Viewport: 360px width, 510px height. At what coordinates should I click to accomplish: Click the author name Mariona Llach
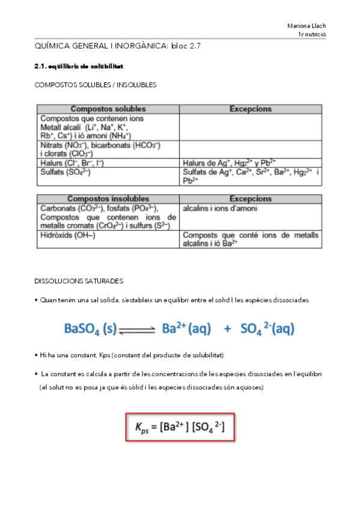pyautogui.click(x=306, y=26)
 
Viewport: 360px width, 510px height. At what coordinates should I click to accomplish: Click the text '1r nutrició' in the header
pyautogui.click(x=311, y=35)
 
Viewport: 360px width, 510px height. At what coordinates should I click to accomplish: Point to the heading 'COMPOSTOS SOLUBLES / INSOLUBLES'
pyautogui.click(x=96, y=85)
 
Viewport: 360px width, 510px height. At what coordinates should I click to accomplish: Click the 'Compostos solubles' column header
pyautogui.click(x=108, y=109)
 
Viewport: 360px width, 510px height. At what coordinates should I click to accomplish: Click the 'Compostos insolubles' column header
pyautogui.click(x=108, y=198)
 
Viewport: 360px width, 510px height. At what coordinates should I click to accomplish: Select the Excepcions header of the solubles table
pyautogui.click(x=251, y=109)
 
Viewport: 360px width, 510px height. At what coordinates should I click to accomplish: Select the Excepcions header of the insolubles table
pyautogui.click(x=251, y=198)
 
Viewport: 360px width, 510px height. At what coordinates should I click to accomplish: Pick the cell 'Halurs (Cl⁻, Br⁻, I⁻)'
pyautogui.click(x=72, y=162)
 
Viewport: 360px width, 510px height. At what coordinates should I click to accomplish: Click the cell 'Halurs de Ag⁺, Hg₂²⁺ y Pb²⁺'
pyautogui.click(x=229, y=162)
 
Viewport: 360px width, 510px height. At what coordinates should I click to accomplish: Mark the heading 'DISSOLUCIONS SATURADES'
pyautogui.click(x=79, y=281)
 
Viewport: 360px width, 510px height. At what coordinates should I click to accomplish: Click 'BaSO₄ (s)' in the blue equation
pyautogui.click(x=90, y=328)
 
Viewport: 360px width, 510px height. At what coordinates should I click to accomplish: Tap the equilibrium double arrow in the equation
pyautogui.click(x=138, y=330)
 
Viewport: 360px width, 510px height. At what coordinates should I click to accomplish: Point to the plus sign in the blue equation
pyautogui.click(x=227, y=329)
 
